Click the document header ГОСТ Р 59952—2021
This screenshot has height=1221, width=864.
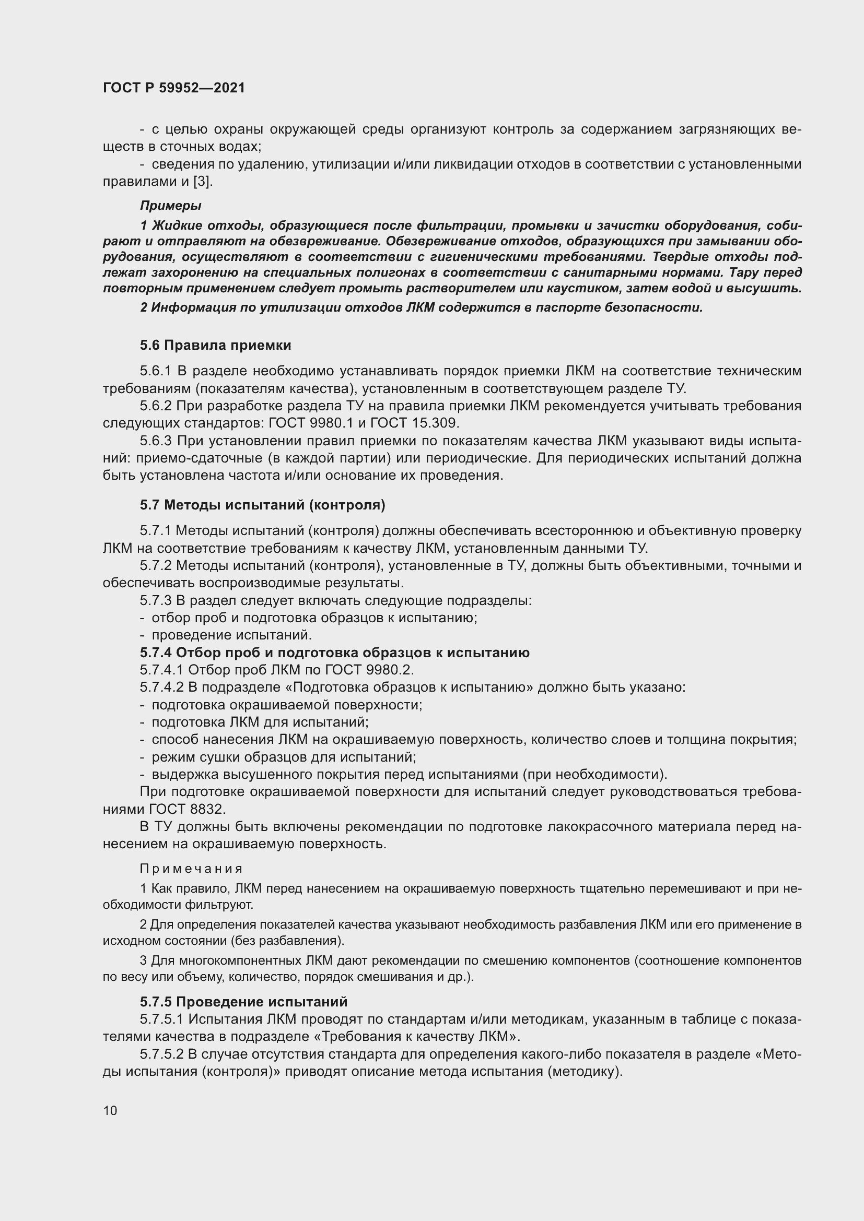point(174,88)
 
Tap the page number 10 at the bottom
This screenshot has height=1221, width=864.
point(110,1110)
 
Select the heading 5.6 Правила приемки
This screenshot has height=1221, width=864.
point(215,345)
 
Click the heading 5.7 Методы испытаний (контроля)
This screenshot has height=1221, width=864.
point(262,505)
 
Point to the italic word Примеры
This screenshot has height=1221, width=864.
point(170,205)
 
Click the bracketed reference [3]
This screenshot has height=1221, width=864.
point(202,181)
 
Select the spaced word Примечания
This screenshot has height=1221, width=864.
point(191,869)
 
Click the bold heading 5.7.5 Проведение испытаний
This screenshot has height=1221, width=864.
point(243,1002)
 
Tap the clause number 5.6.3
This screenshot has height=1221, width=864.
point(156,441)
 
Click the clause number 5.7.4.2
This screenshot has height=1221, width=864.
point(162,687)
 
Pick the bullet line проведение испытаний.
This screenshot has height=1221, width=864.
point(231,635)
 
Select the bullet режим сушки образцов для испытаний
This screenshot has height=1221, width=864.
point(284,757)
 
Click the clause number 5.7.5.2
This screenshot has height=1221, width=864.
point(162,1054)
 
